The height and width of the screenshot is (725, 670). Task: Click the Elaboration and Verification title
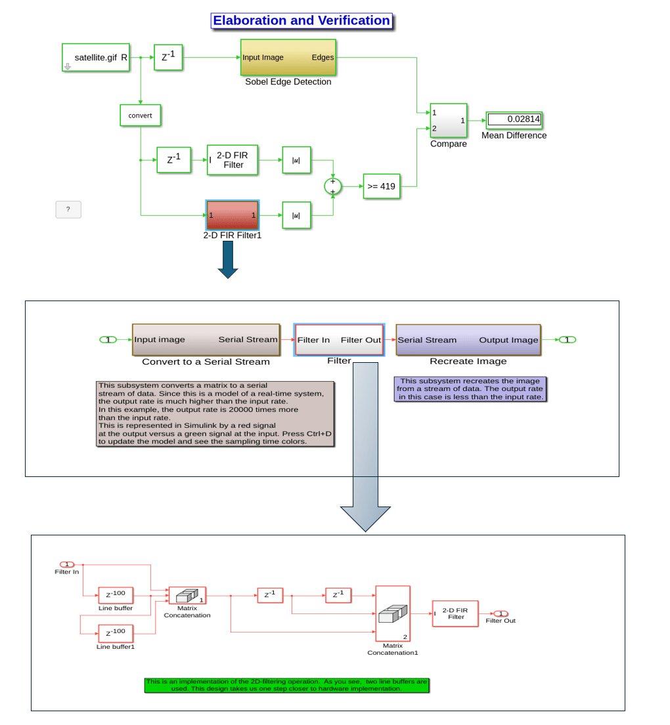[x=301, y=21]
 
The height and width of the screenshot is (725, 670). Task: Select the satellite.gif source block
[x=96, y=58]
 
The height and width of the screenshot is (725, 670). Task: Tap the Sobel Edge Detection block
[x=288, y=58]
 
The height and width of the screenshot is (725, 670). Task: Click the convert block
[x=140, y=115]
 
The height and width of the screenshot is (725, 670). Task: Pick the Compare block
[x=449, y=121]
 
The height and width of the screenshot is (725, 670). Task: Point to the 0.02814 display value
[x=514, y=119]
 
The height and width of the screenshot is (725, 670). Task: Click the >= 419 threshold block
[x=382, y=186]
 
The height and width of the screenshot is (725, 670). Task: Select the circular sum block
[x=333, y=186]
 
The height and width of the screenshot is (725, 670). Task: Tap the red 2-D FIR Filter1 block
[x=233, y=215]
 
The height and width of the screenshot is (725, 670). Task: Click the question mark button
[x=68, y=209]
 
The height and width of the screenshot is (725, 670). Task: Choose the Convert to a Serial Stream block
[x=206, y=340]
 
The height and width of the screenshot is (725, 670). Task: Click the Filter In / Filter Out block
[x=339, y=340]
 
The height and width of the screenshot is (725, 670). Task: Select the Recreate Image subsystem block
[x=468, y=340]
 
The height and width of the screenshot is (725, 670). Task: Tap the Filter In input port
[x=67, y=564]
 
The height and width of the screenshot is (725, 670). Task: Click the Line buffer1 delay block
[x=116, y=633]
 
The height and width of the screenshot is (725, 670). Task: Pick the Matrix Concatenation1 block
[x=393, y=613]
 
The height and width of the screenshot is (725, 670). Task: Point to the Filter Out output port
[x=501, y=613]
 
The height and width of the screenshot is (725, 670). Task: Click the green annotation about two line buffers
[x=286, y=686]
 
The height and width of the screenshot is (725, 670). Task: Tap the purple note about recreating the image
[x=470, y=389]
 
